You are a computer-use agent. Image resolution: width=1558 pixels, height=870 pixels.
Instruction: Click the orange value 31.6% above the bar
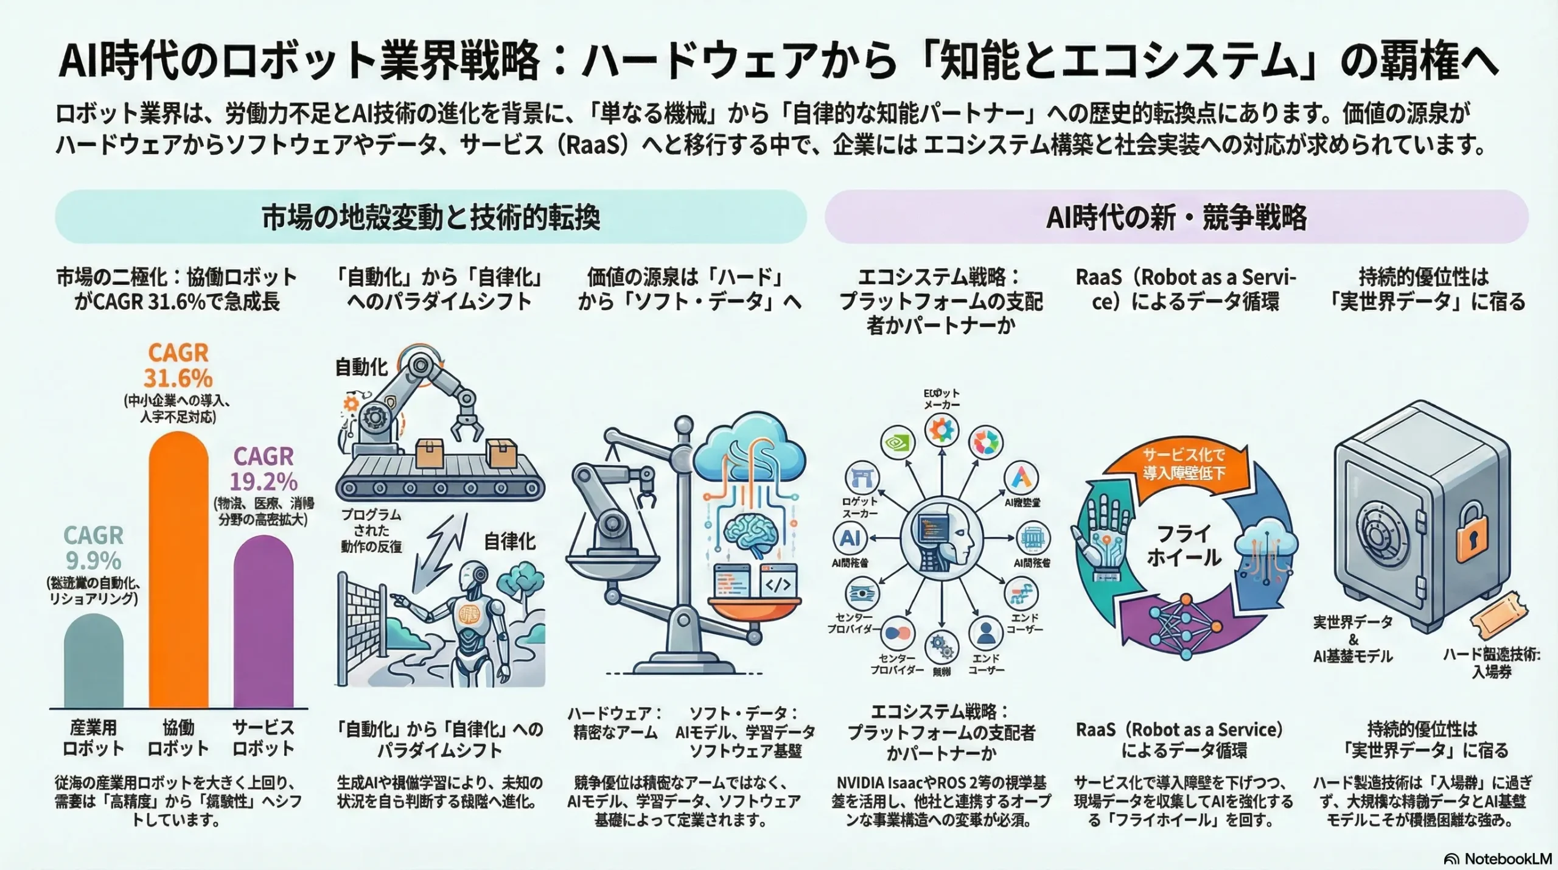tap(178, 378)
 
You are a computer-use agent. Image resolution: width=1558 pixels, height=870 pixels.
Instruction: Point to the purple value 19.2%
tap(264, 482)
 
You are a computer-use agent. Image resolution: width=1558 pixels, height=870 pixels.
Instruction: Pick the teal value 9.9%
tap(94, 561)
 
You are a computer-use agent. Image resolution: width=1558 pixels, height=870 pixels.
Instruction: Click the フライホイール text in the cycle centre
tap(1184, 546)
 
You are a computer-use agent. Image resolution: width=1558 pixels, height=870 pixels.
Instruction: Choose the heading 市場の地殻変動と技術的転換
tap(431, 217)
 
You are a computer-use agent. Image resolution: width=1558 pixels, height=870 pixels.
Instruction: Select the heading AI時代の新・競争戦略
tap(1176, 217)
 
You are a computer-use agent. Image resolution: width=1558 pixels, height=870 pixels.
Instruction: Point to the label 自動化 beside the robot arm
tap(362, 367)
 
